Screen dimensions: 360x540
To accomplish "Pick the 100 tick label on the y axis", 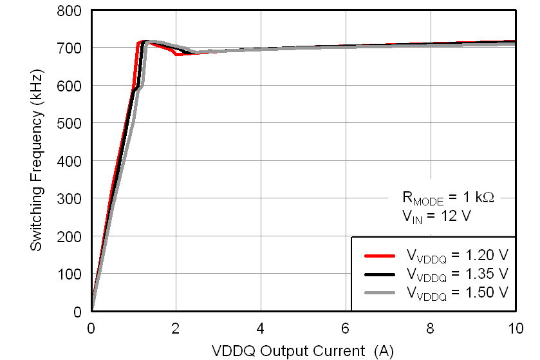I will tap(72, 274).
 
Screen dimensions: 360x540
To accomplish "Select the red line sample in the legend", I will tap(379, 256).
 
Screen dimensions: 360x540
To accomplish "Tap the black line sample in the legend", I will tap(379, 274).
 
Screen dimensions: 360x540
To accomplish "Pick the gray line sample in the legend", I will tap(379, 292).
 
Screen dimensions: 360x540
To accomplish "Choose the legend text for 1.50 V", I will tap(457, 293).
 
